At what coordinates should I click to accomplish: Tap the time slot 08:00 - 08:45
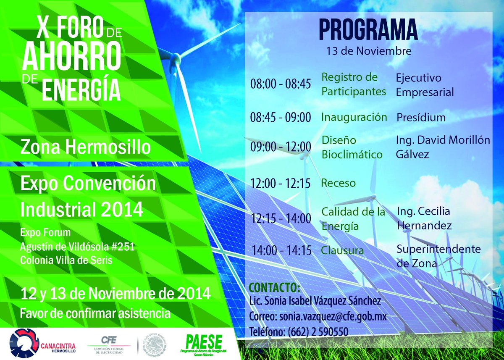click(281, 84)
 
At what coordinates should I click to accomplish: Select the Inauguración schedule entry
click(354, 117)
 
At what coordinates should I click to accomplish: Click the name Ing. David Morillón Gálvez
click(443, 147)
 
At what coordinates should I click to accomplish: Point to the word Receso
click(338, 183)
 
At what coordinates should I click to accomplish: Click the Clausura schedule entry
click(342, 251)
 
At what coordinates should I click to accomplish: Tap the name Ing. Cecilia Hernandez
click(424, 218)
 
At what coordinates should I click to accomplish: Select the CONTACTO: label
click(275, 288)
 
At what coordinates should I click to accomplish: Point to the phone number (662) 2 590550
click(318, 331)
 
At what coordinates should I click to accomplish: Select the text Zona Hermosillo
click(86, 147)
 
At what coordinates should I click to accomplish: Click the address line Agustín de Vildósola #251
click(77, 247)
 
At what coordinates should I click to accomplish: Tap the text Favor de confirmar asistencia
click(95, 313)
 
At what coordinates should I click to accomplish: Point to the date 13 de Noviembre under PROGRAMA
click(369, 51)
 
